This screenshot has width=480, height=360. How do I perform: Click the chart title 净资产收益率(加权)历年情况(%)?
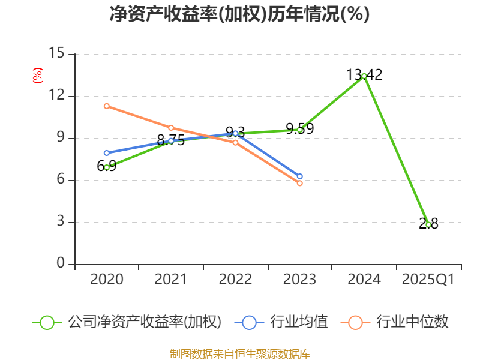[x=239, y=14]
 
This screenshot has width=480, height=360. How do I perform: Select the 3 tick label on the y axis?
[x=59, y=222]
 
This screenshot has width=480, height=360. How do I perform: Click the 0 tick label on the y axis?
[x=59, y=264]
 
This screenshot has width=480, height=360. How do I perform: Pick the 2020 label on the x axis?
[x=106, y=280]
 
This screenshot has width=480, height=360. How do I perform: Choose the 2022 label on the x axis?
[x=235, y=280]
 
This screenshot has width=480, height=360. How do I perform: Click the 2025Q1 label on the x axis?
[x=428, y=280]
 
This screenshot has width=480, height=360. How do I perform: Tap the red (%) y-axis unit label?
[x=37, y=76]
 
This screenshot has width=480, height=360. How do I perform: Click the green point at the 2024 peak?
[x=364, y=76]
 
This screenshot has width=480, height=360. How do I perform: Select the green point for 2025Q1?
[x=428, y=224]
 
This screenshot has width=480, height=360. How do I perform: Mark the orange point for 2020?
[x=107, y=106]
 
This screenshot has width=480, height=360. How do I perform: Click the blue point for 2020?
[x=107, y=153]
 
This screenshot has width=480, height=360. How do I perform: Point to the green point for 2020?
[x=107, y=167]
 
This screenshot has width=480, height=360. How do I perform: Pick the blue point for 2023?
[x=300, y=176]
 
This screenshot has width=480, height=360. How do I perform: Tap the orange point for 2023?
[x=300, y=183]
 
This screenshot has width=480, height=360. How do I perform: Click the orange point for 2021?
[x=171, y=128]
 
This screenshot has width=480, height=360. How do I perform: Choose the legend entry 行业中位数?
[x=395, y=322]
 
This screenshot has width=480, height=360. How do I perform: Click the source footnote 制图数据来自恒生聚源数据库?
[x=239, y=354]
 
